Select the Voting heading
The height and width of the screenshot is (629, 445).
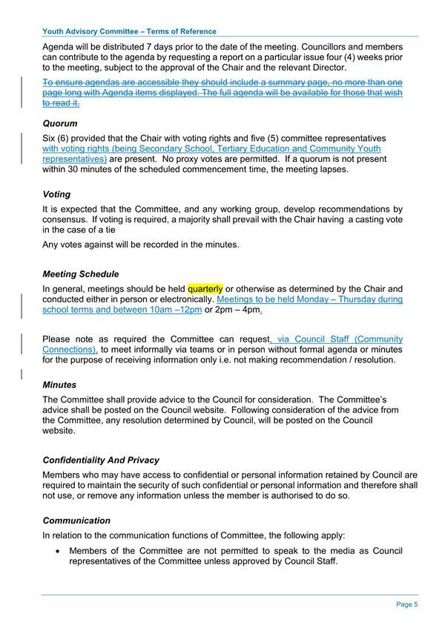57,194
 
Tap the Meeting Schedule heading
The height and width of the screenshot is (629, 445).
81,274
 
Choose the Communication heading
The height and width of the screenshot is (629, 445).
77,521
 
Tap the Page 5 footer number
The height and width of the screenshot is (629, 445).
407,604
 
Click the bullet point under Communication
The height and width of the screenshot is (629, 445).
58,551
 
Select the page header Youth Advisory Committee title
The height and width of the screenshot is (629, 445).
130,32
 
